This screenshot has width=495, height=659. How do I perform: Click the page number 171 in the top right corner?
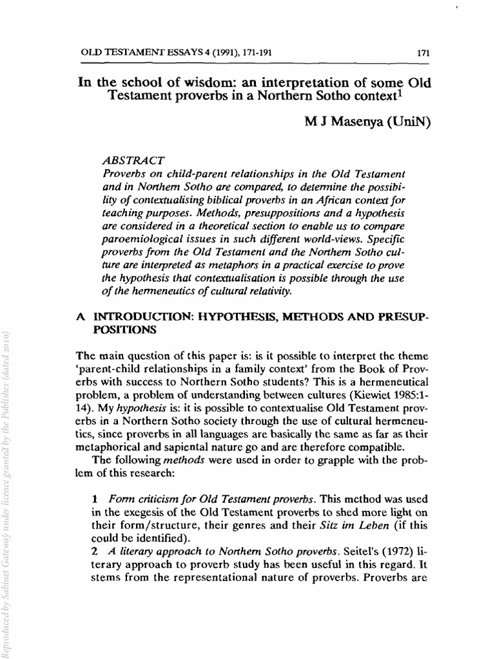(x=423, y=53)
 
